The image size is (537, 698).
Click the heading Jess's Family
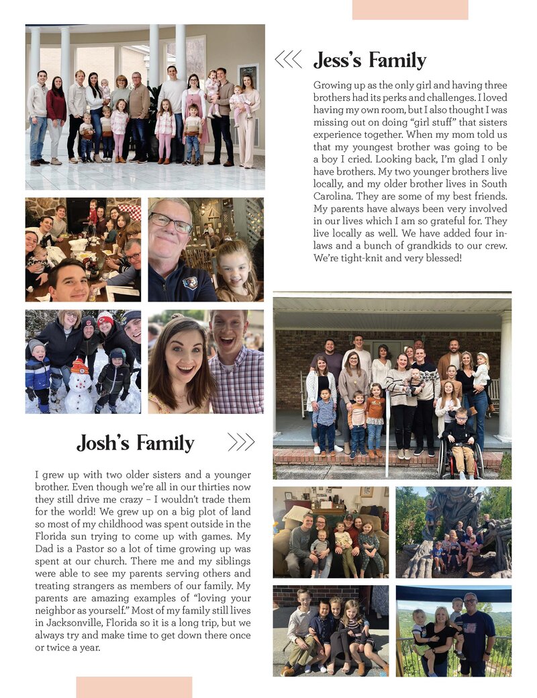coord(369,61)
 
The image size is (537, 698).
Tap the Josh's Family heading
coord(135,443)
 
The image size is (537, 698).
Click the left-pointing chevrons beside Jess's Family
coord(288,60)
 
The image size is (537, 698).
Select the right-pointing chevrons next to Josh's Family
coord(241,442)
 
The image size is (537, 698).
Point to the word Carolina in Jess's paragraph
coord(334,195)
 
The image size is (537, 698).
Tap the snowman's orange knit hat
coord(80,366)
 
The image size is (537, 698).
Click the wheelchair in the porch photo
coord(460,458)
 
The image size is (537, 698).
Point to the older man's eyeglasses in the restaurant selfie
coord(170,222)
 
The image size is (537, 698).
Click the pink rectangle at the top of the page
coord(410,9)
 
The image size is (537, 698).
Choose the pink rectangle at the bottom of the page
coord(134,687)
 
